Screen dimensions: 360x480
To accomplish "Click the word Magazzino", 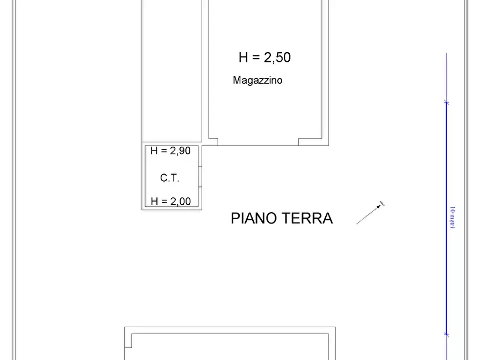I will [x=257, y=81].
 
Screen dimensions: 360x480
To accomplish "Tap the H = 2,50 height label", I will [x=264, y=57].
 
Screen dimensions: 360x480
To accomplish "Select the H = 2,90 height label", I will [x=170, y=151].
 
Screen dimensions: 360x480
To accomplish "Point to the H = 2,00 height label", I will [x=170, y=201].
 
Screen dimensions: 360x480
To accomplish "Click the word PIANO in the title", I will [x=254, y=218].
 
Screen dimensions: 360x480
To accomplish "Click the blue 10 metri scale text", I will [x=452, y=217].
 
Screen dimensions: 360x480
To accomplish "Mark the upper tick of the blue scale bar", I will [x=446, y=102].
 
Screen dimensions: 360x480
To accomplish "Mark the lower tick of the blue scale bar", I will [x=446, y=334].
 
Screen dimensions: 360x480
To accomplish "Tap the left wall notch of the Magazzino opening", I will [x=213, y=142].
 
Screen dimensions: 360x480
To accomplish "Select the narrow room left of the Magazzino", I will [x=172, y=70].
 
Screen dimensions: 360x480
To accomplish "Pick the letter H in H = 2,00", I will [x=154, y=201].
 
